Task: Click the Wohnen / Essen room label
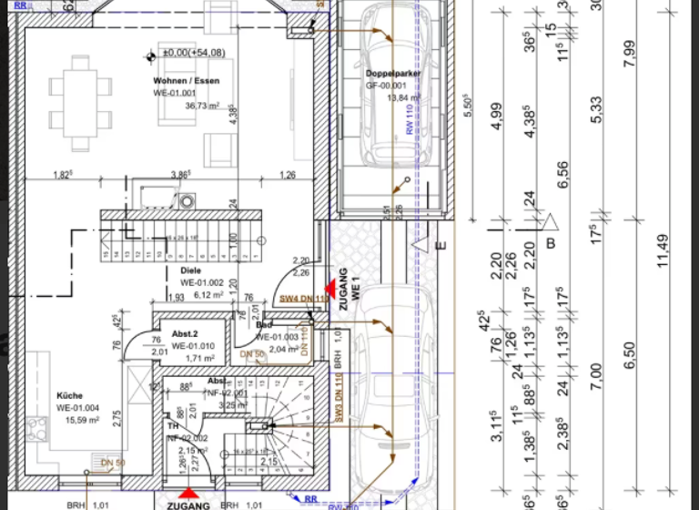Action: point(186,81)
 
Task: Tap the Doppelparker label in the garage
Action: point(392,73)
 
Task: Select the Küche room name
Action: point(70,396)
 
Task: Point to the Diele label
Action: point(190,270)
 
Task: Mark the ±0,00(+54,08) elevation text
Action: point(194,54)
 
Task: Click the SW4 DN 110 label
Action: point(303,298)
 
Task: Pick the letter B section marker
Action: point(551,242)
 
